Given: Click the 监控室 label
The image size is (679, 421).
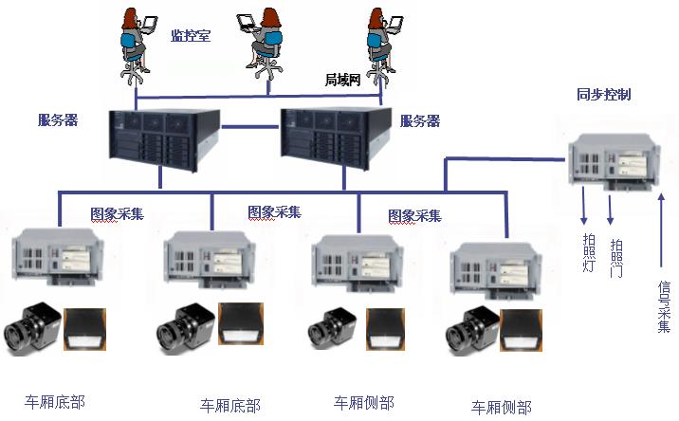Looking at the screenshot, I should click(190, 36).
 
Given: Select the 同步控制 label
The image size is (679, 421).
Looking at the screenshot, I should click(603, 95).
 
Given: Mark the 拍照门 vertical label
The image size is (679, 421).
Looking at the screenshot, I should click(615, 255).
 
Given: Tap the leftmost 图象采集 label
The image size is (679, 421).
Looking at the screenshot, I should click(118, 213).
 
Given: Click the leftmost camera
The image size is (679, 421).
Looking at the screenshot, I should click(31, 325).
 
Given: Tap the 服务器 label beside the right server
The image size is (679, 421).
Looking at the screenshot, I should click(420, 121).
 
